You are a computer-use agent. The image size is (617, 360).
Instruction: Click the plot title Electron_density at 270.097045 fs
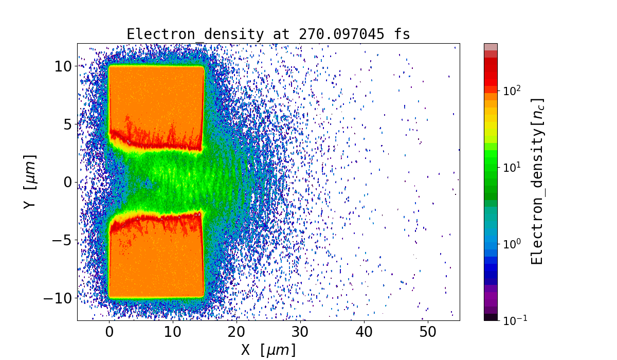pyautogui.click(x=268, y=34)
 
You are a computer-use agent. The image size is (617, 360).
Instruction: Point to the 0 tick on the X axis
pyautogui.click(x=109, y=333)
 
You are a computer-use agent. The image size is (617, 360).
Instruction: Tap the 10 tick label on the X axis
pyautogui.click(x=173, y=333)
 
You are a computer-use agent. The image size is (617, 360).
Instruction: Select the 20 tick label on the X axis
pyautogui.click(x=237, y=333)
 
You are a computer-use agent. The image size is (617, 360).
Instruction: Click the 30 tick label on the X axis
pyautogui.click(x=300, y=333)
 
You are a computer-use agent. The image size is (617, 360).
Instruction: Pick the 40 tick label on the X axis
pyautogui.click(x=364, y=333)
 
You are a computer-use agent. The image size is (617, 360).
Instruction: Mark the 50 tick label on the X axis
pyautogui.click(x=428, y=333)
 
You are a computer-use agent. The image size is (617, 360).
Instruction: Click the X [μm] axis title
pyautogui.click(x=268, y=351)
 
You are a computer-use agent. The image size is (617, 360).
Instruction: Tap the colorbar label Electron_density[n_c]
pyautogui.click(x=538, y=182)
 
